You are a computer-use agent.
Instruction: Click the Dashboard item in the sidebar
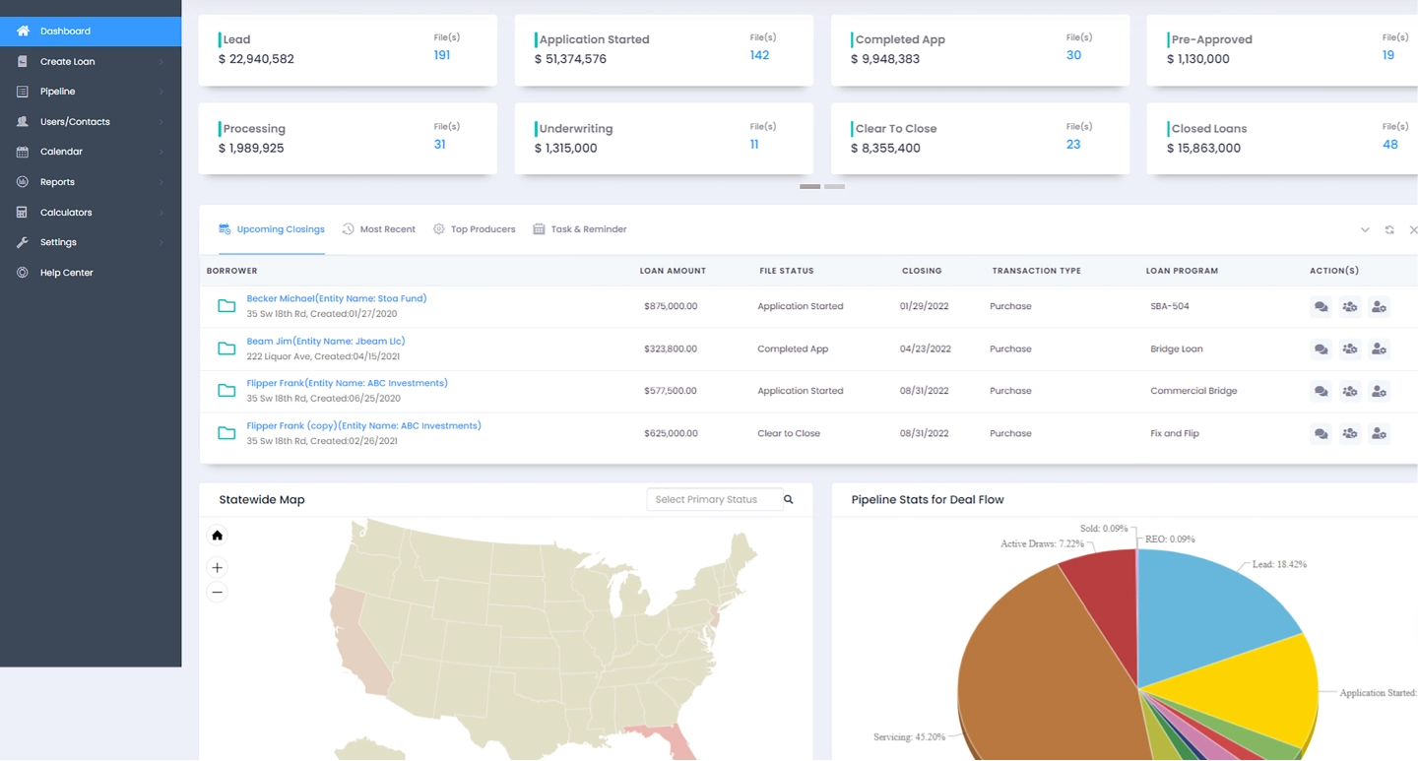(x=65, y=32)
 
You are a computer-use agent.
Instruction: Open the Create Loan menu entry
(x=67, y=62)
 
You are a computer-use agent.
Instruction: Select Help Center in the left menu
(x=66, y=273)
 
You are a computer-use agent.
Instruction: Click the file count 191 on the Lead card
(x=442, y=55)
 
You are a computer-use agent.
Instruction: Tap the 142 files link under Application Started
(x=759, y=55)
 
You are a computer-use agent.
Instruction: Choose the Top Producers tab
(x=483, y=229)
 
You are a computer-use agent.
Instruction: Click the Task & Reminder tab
(x=588, y=229)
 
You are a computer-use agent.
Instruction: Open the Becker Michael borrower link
(x=336, y=298)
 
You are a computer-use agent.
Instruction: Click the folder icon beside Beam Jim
(x=226, y=349)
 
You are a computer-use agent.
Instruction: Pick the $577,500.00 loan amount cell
(x=670, y=391)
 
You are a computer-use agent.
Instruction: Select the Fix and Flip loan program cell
(x=1174, y=433)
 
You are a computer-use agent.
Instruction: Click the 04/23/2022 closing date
(x=925, y=349)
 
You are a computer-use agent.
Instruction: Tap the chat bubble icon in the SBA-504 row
(x=1321, y=307)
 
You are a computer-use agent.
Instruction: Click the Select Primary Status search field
(x=714, y=500)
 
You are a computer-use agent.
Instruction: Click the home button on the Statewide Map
(x=218, y=536)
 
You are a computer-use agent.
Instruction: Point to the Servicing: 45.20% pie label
(x=908, y=736)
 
